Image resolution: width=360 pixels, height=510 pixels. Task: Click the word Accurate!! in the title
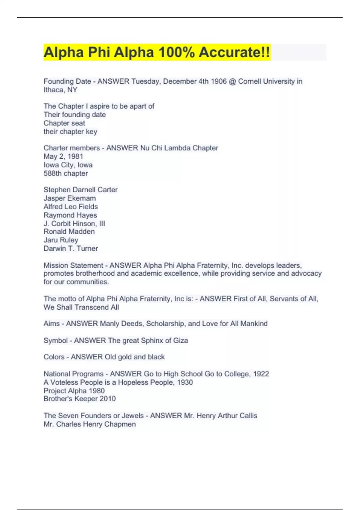234,52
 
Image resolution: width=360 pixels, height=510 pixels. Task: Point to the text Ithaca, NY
60,90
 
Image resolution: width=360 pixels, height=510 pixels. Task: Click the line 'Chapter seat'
64,123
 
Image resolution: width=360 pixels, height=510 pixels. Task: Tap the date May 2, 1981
63,156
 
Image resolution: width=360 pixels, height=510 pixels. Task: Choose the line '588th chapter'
66,173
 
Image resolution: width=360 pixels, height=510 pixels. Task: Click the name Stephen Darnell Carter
80,190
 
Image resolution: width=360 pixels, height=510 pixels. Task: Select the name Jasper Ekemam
70,198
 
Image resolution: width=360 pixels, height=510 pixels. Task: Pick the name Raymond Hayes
70,215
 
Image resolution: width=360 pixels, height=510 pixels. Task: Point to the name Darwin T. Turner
71,248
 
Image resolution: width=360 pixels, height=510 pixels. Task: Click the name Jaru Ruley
61,240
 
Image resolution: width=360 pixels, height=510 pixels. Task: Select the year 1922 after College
261,374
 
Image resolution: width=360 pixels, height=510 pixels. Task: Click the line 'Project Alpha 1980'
74,391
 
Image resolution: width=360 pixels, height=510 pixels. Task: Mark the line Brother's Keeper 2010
79,399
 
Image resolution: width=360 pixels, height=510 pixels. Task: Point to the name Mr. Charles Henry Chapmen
89,424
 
